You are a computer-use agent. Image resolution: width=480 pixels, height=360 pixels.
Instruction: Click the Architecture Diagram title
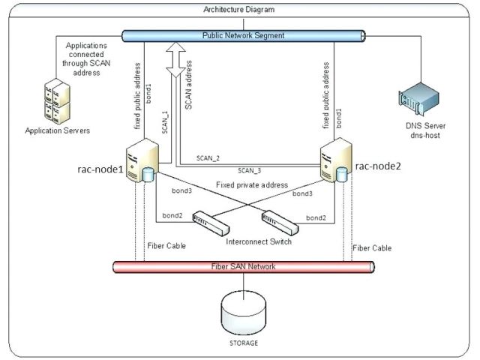[x=239, y=10]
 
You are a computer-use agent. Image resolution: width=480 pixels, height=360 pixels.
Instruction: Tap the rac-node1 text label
[x=100, y=169]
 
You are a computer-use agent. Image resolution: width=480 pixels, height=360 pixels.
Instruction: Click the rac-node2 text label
[x=379, y=166]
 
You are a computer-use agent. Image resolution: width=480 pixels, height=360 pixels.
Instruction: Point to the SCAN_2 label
[x=208, y=158]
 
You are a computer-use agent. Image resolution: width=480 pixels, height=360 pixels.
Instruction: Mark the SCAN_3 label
[x=250, y=170]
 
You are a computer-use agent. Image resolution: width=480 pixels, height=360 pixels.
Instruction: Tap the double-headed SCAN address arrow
[x=175, y=61]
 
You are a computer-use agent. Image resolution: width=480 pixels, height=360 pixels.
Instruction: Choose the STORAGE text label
[x=244, y=343]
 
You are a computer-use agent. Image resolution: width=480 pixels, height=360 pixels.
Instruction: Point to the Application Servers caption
[x=58, y=130]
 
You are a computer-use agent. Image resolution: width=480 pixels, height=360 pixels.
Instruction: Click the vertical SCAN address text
[x=188, y=86]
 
